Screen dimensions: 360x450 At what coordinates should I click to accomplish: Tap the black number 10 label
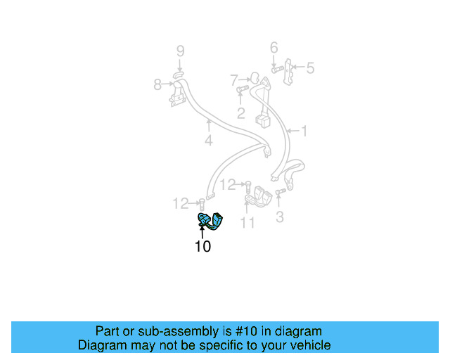coord(202,246)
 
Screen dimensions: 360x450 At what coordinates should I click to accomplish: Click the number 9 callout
coord(180,51)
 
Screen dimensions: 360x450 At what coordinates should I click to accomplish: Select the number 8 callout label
coord(157,85)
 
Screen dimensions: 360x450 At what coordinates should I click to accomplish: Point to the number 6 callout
coord(274,48)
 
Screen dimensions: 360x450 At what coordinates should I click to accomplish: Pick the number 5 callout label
coord(309,68)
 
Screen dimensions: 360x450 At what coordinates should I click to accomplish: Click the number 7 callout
coord(234,80)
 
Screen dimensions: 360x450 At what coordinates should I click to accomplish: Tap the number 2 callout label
coord(240,113)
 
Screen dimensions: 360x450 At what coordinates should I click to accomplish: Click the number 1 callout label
coord(304,130)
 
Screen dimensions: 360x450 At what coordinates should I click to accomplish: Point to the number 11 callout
coord(247,223)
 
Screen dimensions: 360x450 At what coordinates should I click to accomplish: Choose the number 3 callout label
coord(280,217)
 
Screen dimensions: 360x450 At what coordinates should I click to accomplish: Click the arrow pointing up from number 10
coord(202,232)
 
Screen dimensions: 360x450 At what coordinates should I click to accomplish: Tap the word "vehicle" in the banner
coord(309,345)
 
